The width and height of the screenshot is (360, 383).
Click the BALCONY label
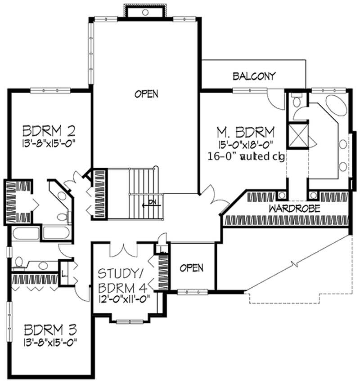254,76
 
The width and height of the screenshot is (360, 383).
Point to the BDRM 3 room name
50,329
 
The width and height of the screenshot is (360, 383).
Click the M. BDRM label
246,132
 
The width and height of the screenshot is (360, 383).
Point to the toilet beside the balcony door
296,100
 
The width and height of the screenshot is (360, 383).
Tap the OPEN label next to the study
191,268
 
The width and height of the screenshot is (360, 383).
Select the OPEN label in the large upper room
146,94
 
